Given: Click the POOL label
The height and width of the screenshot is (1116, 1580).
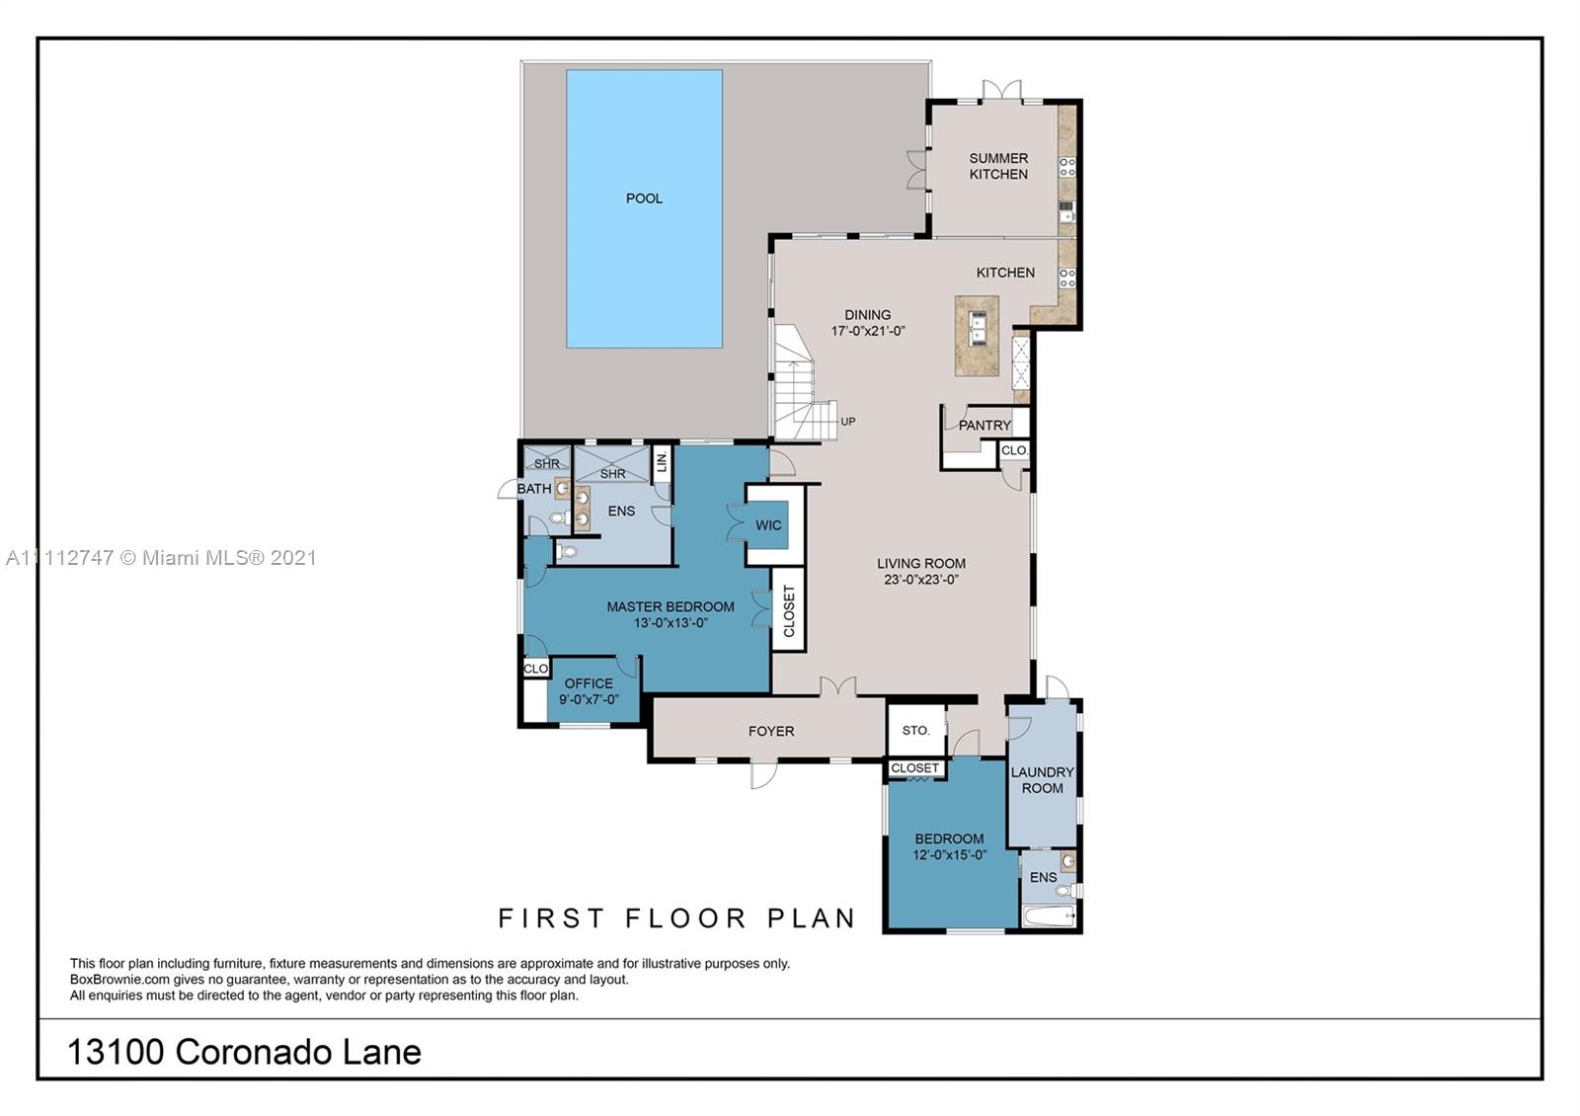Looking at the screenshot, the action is (x=644, y=199).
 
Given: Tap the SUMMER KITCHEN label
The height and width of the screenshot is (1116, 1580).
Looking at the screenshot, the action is (x=998, y=166).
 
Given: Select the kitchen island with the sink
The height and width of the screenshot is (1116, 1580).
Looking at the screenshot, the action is (x=977, y=336).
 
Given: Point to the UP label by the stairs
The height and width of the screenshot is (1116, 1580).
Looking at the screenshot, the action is (x=848, y=421).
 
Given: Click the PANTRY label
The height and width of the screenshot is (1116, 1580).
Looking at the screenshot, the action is (x=985, y=426).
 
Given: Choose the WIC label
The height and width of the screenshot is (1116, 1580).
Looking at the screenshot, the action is (x=768, y=524).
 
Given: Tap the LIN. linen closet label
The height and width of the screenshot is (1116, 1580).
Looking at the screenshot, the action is (x=662, y=462).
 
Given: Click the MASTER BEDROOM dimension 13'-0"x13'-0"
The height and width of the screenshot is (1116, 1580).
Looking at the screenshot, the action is (x=671, y=623).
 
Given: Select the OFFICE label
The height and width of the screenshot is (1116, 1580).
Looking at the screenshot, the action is (x=589, y=682).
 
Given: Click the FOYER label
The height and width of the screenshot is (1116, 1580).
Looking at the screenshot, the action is (x=771, y=731).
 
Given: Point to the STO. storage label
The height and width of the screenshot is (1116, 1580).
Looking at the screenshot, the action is (x=915, y=730).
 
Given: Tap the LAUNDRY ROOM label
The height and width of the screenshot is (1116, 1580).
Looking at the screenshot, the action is (x=1042, y=779).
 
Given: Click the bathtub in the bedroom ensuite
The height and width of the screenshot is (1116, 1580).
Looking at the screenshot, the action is (x=1049, y=917).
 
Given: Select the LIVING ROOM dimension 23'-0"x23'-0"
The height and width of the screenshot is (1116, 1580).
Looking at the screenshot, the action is (x=921, y=579).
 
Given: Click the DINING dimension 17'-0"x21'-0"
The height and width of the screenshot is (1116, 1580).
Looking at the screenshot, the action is (x=868, y=330).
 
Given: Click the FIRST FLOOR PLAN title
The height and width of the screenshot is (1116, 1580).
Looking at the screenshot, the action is (x=676, y=917).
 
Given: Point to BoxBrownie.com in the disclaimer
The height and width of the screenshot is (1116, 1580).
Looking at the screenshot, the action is (x=119, y=979).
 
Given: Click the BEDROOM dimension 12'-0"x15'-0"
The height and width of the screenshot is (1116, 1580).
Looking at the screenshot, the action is (x=949, y=854).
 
